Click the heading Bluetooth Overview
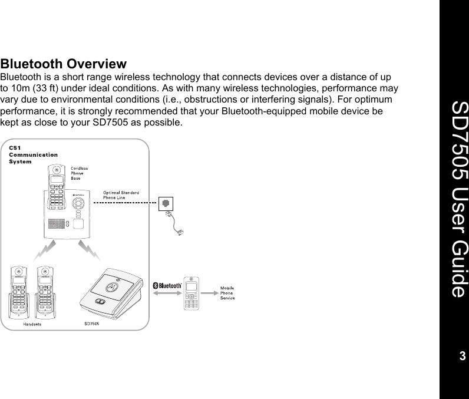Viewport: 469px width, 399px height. point(64,64)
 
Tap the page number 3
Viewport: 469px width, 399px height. point(462,356)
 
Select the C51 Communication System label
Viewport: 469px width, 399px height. point(33,154)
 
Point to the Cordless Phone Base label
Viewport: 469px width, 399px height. point(80,173)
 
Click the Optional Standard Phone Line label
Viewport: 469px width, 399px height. point(121,195)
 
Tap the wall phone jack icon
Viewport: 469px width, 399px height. point(167,203)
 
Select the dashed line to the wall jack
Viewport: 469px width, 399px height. point(126,202)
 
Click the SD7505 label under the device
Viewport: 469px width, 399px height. point(91,324)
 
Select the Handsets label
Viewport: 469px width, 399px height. point(32,324)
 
